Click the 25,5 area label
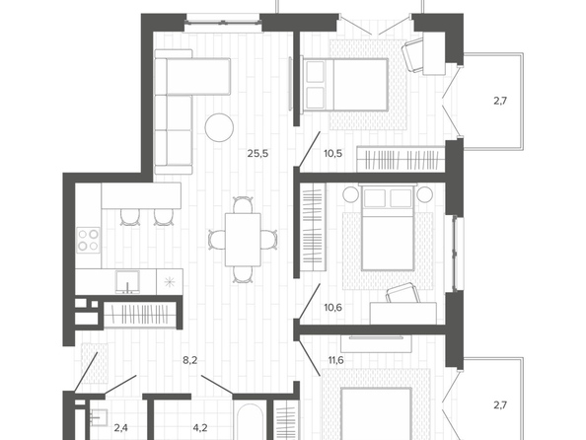pos(257,153)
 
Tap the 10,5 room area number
pos(333,153)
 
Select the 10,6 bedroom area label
pos(333,308)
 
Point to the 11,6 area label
pos(336,360)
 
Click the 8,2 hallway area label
pos(189,360)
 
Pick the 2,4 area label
pos(120,427)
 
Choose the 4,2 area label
pos(200,427)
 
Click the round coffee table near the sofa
pos(219,127)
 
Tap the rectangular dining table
pos(243,240)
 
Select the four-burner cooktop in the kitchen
pos(88,240)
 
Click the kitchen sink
pos(128,282)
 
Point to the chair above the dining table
pos(243,205)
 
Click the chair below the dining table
pos(243,274)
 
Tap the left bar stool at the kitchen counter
pos(130,217)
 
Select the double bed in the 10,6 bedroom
pos(388,229)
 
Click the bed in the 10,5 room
pos(345,85)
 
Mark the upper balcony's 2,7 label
pos(500,101)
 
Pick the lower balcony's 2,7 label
pos(500,404)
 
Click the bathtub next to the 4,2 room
pos(251,421)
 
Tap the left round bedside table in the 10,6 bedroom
pos(351,194)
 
